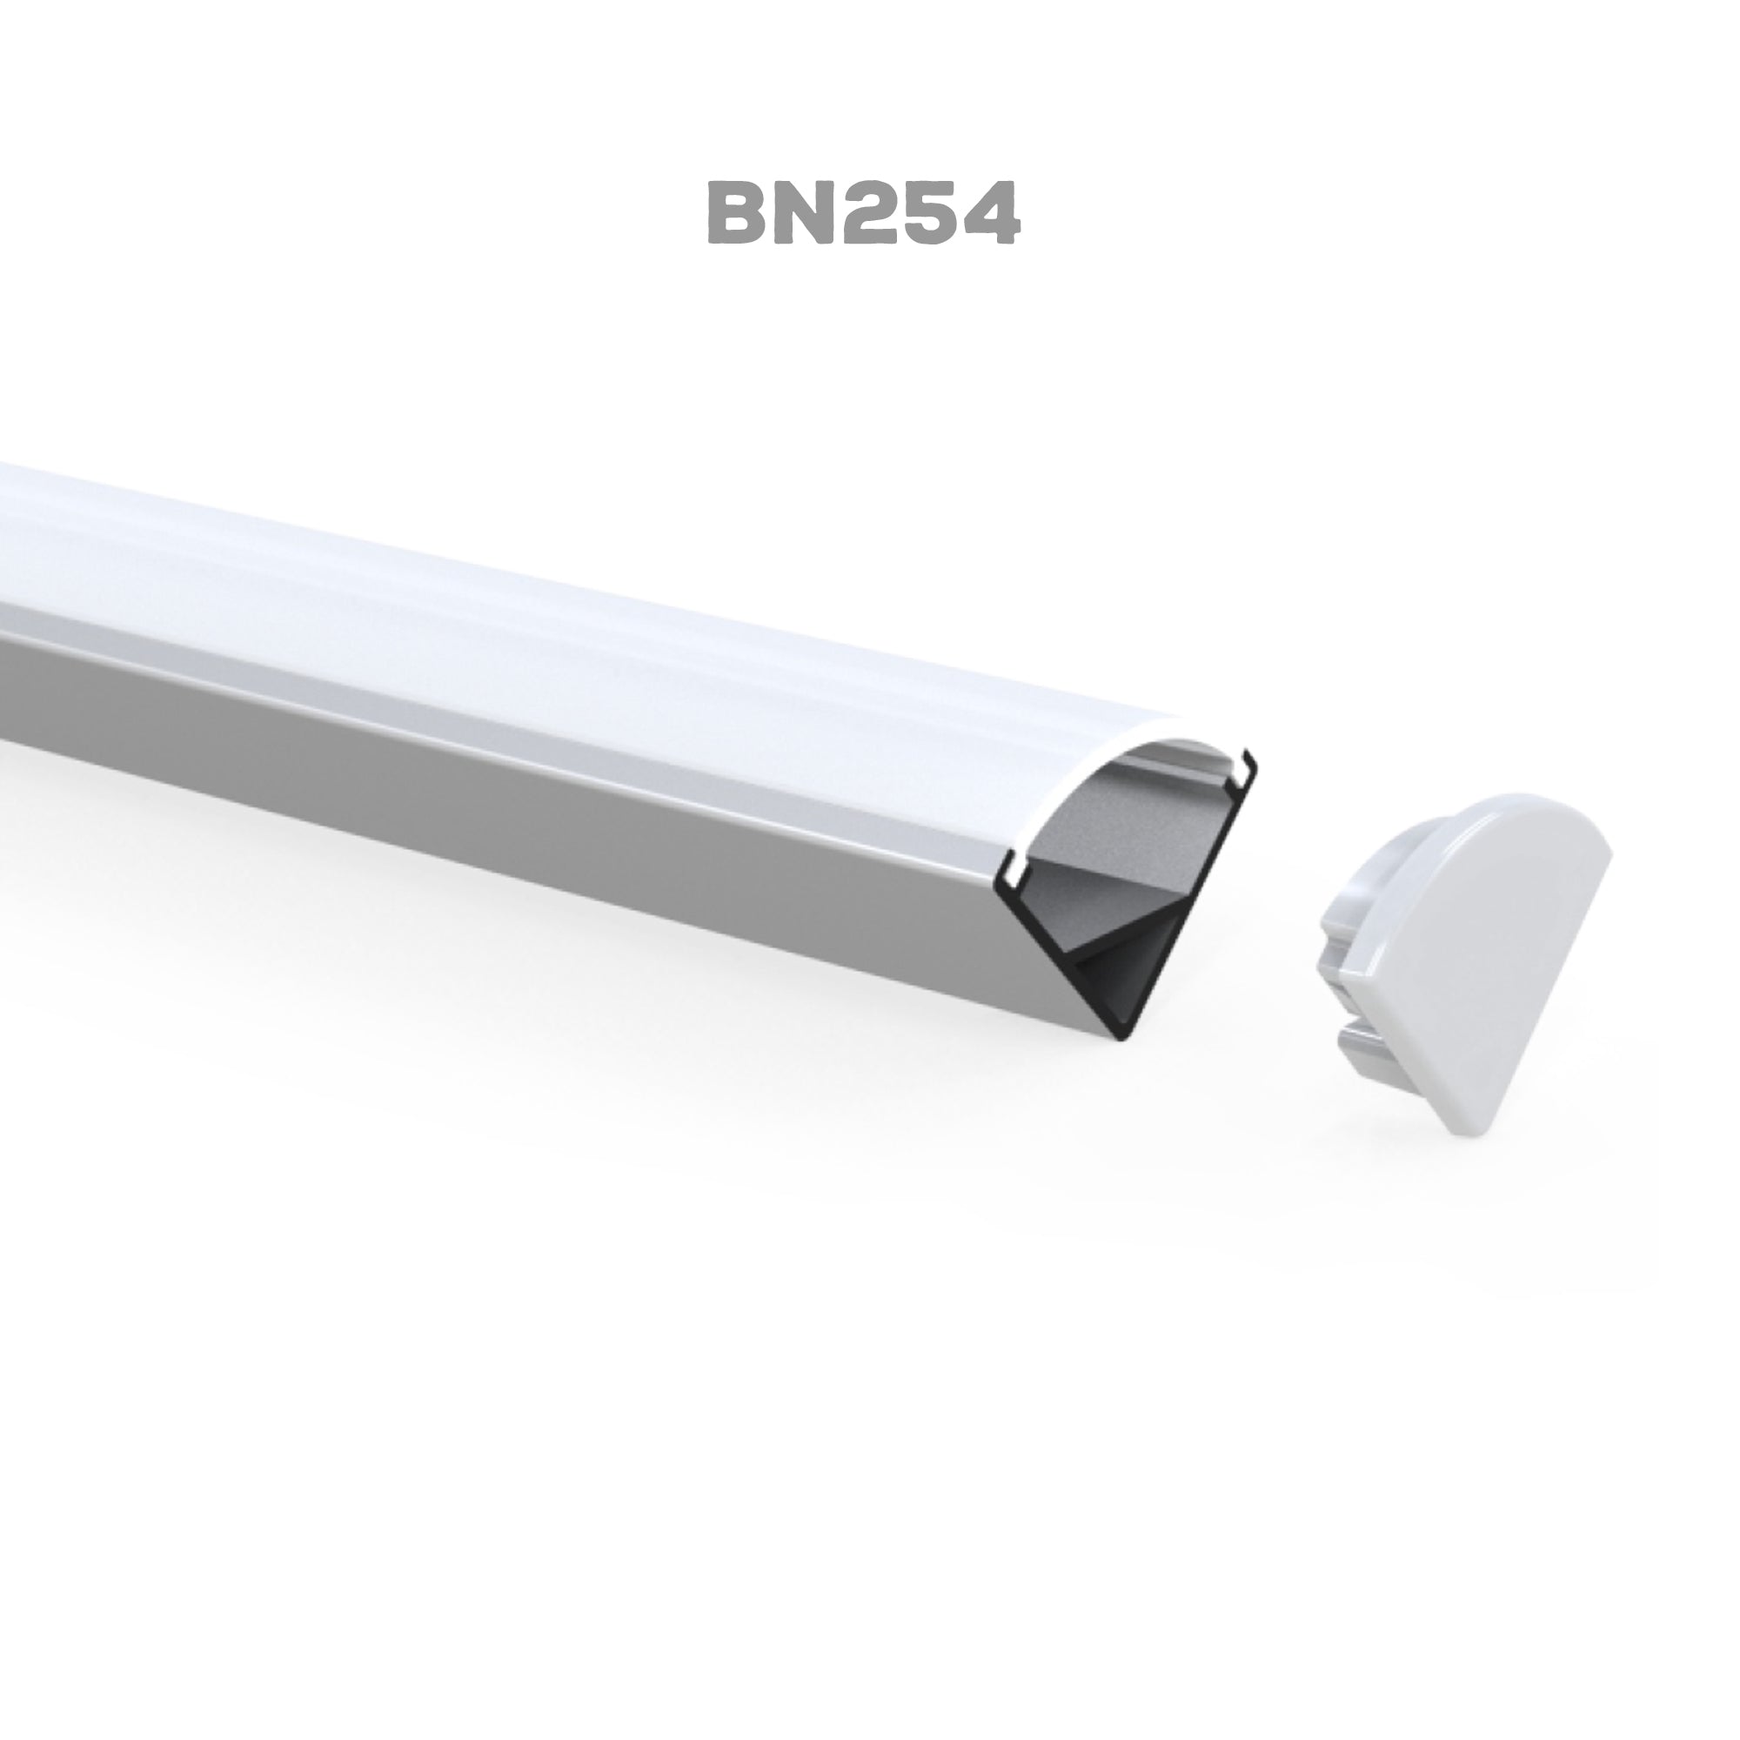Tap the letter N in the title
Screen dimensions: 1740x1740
pos(803,212)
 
